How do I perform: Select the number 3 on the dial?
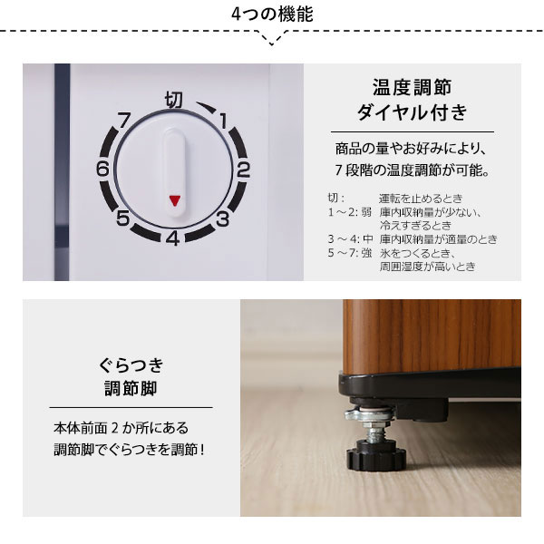pyautogui.click(x=221, y=218)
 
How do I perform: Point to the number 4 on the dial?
pyautogui.click(x=171, y=238)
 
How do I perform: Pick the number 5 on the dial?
pyautogui.click(x=122, y=218)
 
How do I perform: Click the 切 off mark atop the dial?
pyautogui.click(x=173, y=98)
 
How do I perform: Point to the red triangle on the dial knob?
pyautogui.click(x=173, y=200)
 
